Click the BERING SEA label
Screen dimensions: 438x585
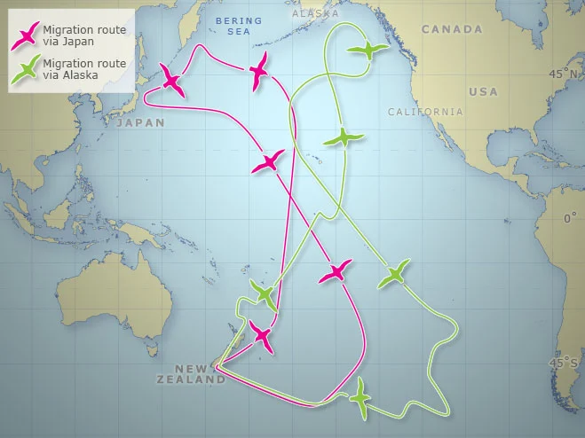click(238, 25)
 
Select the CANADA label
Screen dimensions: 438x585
click(452, 29)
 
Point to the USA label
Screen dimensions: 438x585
click(484, 91)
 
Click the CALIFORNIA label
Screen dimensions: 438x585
click(425, 112)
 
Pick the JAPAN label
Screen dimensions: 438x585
click(140, 123)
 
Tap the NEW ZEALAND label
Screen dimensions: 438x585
click(200, 374)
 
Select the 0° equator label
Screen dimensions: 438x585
click(570, 218)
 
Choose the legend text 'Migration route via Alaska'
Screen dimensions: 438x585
click(85, 68)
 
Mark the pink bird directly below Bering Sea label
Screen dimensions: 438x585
click(259, 68)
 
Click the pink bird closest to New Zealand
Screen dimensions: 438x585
click(262, 336)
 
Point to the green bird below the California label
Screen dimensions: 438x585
click(343, 138)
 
